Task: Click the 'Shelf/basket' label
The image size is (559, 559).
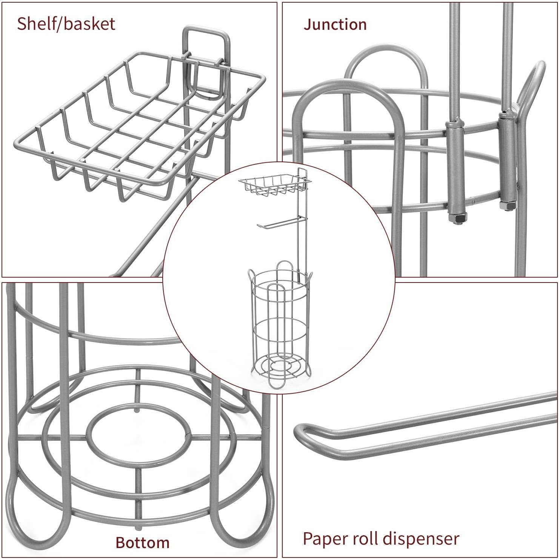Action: pos(66,23)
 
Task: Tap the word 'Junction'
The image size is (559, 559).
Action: pos(335,25)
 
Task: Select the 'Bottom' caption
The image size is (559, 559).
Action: pos(142,542)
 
